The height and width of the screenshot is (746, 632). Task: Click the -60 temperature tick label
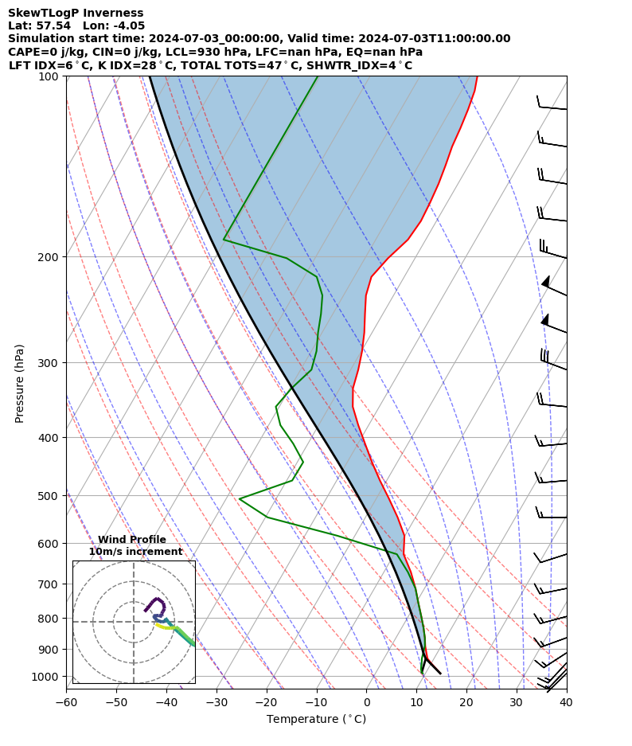[66, 703]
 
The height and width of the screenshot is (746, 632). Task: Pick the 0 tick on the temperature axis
[366, 703]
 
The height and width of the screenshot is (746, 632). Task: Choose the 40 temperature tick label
[566, 703]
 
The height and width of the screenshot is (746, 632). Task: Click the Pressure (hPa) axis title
[20, 383]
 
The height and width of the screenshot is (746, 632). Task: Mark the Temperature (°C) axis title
[316, 720]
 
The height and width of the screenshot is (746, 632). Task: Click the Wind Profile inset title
[132, 540]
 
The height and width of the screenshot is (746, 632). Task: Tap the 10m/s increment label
[135, 552]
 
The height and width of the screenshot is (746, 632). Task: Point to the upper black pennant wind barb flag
[546, 282]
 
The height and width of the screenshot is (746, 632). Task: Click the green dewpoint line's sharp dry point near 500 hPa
[240, 499]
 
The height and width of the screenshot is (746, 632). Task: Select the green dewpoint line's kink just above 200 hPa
[224, 239]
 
